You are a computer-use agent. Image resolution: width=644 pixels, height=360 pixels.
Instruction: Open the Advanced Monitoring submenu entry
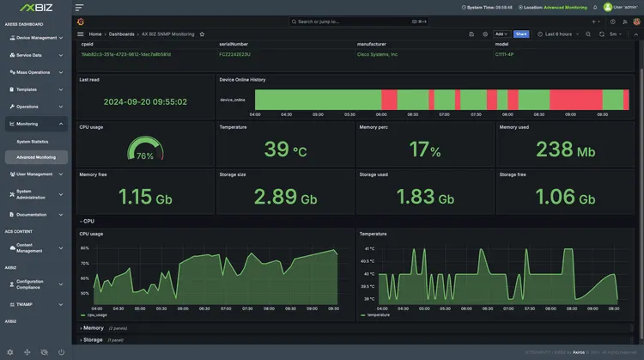click(x=36, y=157)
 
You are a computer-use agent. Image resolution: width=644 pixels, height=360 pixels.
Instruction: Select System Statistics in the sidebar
click(x=33, y=141)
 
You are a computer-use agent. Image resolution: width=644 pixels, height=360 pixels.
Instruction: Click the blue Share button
click(x=521, y=34)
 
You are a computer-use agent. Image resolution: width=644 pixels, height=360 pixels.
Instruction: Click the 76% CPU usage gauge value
click(x=144, y=156)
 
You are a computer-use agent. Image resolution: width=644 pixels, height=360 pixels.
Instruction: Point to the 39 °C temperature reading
click(x=285, y=150)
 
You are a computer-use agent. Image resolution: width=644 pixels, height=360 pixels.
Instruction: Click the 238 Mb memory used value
click(x=565, y=150)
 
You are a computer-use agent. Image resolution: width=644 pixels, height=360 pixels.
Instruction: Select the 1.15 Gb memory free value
click(x=145, y=197)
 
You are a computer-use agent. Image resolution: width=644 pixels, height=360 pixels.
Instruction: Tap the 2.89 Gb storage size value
click(x=285, y=197)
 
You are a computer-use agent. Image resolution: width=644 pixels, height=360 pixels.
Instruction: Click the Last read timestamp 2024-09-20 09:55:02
click(x=145, y=101)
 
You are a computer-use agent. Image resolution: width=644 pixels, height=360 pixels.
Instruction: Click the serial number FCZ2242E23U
click(x=236, y=54)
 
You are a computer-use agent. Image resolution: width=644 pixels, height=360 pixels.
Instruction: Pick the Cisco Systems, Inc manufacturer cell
click(x=378, y=54)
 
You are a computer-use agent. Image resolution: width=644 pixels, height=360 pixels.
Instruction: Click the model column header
click(x=501, y=43)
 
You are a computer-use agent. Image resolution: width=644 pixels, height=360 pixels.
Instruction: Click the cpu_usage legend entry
click(x=95, y=315)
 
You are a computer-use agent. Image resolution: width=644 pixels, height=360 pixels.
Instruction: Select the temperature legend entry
click(x=377, y=315)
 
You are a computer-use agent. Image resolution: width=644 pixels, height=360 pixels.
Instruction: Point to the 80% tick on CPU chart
click(x=85, y=248)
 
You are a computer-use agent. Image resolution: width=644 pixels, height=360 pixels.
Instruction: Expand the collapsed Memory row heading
click(x=93, y=328)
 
